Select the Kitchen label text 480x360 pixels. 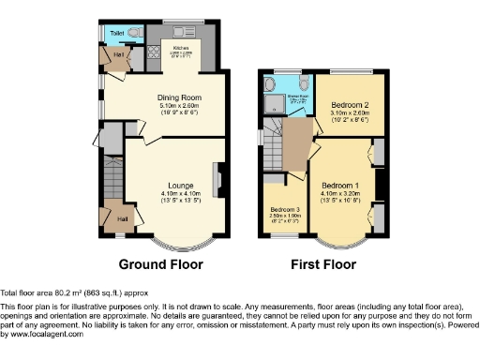tap(181, 45)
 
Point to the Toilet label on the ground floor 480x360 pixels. tap(116, 34)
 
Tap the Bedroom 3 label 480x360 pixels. tap(284, 208)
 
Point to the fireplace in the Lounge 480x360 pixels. tap(218, 178)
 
